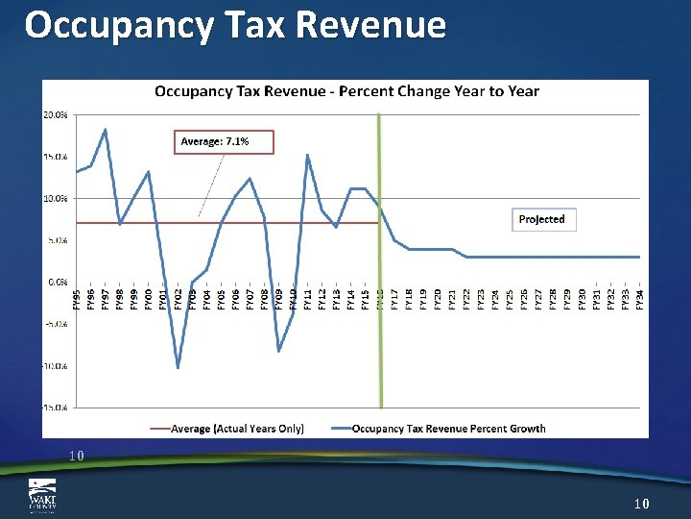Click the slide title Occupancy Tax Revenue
pos(235,25)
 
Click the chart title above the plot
pos(346,91)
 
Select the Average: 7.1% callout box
pos(224,141)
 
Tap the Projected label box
pos(541,219)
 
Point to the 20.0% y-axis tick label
pos(55,114)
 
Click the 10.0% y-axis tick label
pos(55,199)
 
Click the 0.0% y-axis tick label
pos(56,283)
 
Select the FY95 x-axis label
pos(77,300)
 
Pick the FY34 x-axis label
pos(639,300)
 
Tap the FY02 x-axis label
pos(179,300)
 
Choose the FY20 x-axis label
pos(438,300)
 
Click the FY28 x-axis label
pos(553,300)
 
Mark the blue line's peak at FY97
pos(105,129)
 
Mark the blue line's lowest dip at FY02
pos(179,367)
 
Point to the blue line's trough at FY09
pos(278,351)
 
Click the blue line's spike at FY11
pos(307,155)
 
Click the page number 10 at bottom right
pos(642,504)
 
